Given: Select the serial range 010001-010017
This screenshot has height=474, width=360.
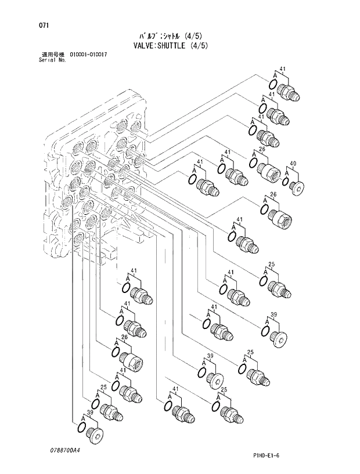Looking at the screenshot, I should tap(88, 55).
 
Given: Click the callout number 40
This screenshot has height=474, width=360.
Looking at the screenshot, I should tap(293, 164).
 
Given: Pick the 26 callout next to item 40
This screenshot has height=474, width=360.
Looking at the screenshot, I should tap(262, 150).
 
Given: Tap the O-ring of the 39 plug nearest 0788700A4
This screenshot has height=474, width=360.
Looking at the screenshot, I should tap(82, 428).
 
